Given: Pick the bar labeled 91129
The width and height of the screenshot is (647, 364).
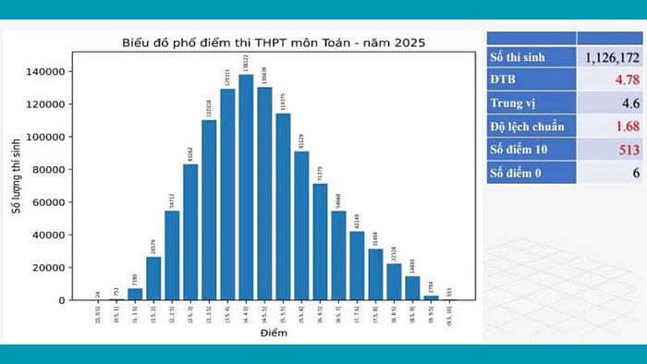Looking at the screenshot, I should pyautogui.click(x=301, y=225).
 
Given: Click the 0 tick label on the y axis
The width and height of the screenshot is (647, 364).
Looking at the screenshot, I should pyautogui.click(x=63, y=300).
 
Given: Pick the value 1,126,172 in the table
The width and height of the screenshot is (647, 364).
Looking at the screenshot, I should pyautogui.click(x=609, y=58).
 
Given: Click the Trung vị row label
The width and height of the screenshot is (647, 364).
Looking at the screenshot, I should pyautogui.click(x=515, y=103).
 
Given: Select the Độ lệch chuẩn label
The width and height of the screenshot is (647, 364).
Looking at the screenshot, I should pyautogui.click(x=527, y=127).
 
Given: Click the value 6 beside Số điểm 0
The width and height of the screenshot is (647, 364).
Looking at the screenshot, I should pyautogui.click(x=636, y=173).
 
